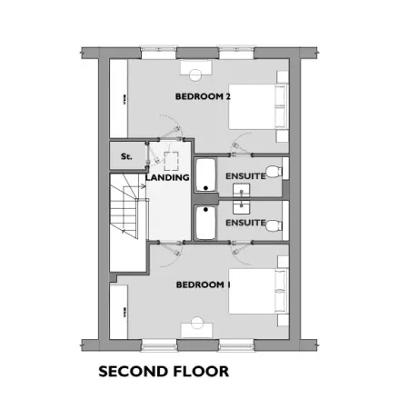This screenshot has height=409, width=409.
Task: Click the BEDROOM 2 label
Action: pos(203,96)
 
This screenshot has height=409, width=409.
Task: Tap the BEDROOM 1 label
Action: pos(203,284)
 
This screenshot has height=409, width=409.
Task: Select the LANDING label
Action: pos(167,177)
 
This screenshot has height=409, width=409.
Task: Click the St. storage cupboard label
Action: pos(126,156)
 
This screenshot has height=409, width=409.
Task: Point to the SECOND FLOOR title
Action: pos(164,372)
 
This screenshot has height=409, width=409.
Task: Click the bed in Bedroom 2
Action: pos(258,107)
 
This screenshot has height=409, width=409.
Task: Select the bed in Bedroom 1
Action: pos(258,291)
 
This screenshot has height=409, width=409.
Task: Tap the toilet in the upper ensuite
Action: pos(275,172)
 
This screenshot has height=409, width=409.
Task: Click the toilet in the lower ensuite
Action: pos(275,225)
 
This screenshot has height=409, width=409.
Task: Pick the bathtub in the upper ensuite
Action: pos(205,175)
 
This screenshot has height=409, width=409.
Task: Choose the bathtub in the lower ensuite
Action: pos(205,223)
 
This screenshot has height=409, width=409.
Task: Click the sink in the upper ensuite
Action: pos(241,191)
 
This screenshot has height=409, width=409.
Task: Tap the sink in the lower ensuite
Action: pos(241,207)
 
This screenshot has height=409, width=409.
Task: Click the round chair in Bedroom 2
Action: pos(195,75)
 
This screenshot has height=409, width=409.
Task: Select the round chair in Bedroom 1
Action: pos(197,323)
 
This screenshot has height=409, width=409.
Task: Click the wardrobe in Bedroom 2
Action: pos(118,99)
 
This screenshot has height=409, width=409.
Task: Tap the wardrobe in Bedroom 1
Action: pos(118,312)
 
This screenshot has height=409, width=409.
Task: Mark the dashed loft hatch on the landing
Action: pos(172,161)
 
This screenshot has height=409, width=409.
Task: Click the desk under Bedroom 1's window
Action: pos(197,330)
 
